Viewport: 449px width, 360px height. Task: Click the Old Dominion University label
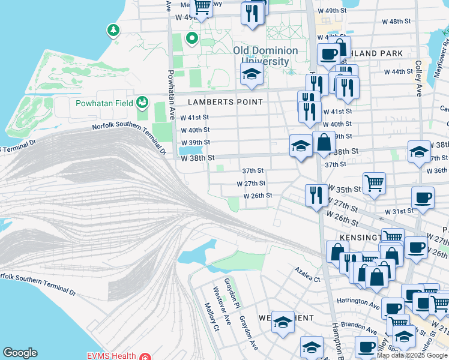[x=265, y=55]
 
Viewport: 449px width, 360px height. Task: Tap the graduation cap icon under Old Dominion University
[x=252, y=74]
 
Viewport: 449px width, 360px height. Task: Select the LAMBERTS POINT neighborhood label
[x=225, y=102]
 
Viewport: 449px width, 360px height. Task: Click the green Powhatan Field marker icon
[x=142, y=103]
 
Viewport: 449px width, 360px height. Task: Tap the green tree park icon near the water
[x=112, y=29]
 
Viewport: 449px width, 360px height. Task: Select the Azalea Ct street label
[x=307, y=275]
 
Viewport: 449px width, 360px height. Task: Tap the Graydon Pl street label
[x=229, y=291]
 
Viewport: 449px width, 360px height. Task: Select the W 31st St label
[x=399, y=211]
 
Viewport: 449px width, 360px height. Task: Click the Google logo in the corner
[x=20, y=353]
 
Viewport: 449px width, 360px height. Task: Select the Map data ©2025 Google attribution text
[x=412, y=355]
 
